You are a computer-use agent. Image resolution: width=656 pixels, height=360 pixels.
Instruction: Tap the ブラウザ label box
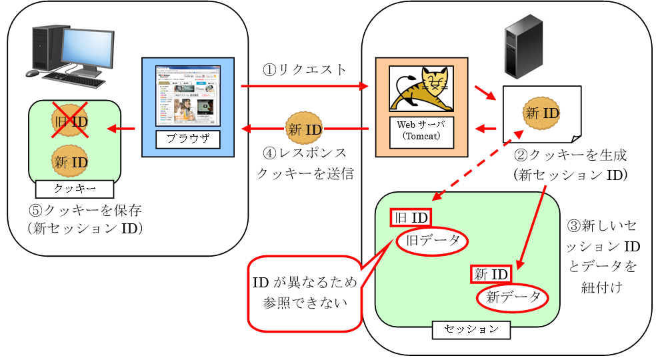tap(187, 139)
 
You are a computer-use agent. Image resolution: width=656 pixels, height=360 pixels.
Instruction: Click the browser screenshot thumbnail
tap(187, 95)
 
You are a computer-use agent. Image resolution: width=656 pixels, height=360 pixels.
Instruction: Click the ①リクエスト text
tap(305, 69)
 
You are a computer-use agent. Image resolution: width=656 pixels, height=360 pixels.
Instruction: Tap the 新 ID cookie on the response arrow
tap(304, 129)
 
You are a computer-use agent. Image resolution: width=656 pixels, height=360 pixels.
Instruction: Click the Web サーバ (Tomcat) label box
tap(421, 130)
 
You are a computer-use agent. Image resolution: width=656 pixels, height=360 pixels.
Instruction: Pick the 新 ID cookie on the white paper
tap(541, 113)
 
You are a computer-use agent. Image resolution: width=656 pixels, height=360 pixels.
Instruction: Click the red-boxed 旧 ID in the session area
tap(411, 217)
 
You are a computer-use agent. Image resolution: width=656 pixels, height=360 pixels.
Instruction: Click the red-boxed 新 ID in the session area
tap(492, 274)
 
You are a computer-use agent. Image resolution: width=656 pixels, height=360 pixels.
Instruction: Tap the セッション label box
tap(471, 329)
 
